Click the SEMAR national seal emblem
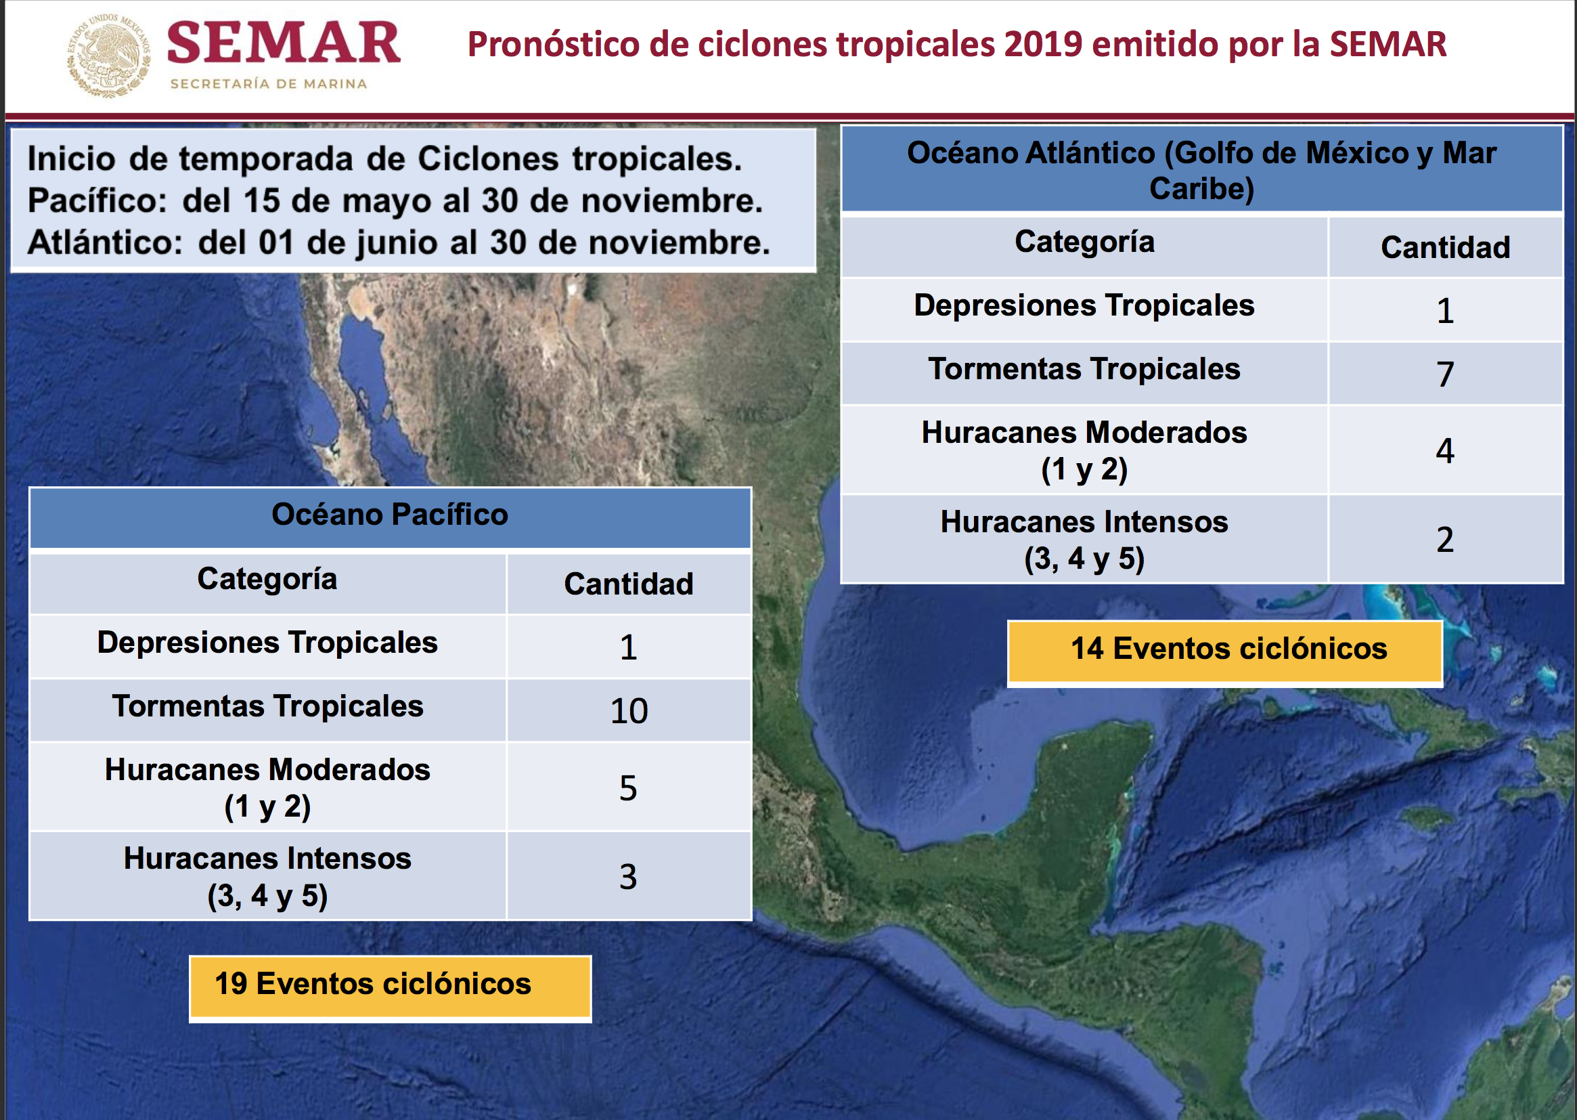109,55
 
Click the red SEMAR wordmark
284,43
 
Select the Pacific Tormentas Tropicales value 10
629,710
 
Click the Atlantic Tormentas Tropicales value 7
1445,374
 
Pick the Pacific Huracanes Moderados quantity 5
628,788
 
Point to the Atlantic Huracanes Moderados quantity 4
1445,450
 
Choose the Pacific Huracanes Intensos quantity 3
628,876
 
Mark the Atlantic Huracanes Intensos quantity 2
1445,539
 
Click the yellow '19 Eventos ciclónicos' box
390,987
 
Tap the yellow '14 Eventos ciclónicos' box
1225,652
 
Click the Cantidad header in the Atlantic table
1445,248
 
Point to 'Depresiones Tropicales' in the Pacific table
267,643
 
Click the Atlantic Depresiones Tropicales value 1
1445,311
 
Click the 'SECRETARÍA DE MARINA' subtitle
269,84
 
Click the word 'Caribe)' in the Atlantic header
1201,189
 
